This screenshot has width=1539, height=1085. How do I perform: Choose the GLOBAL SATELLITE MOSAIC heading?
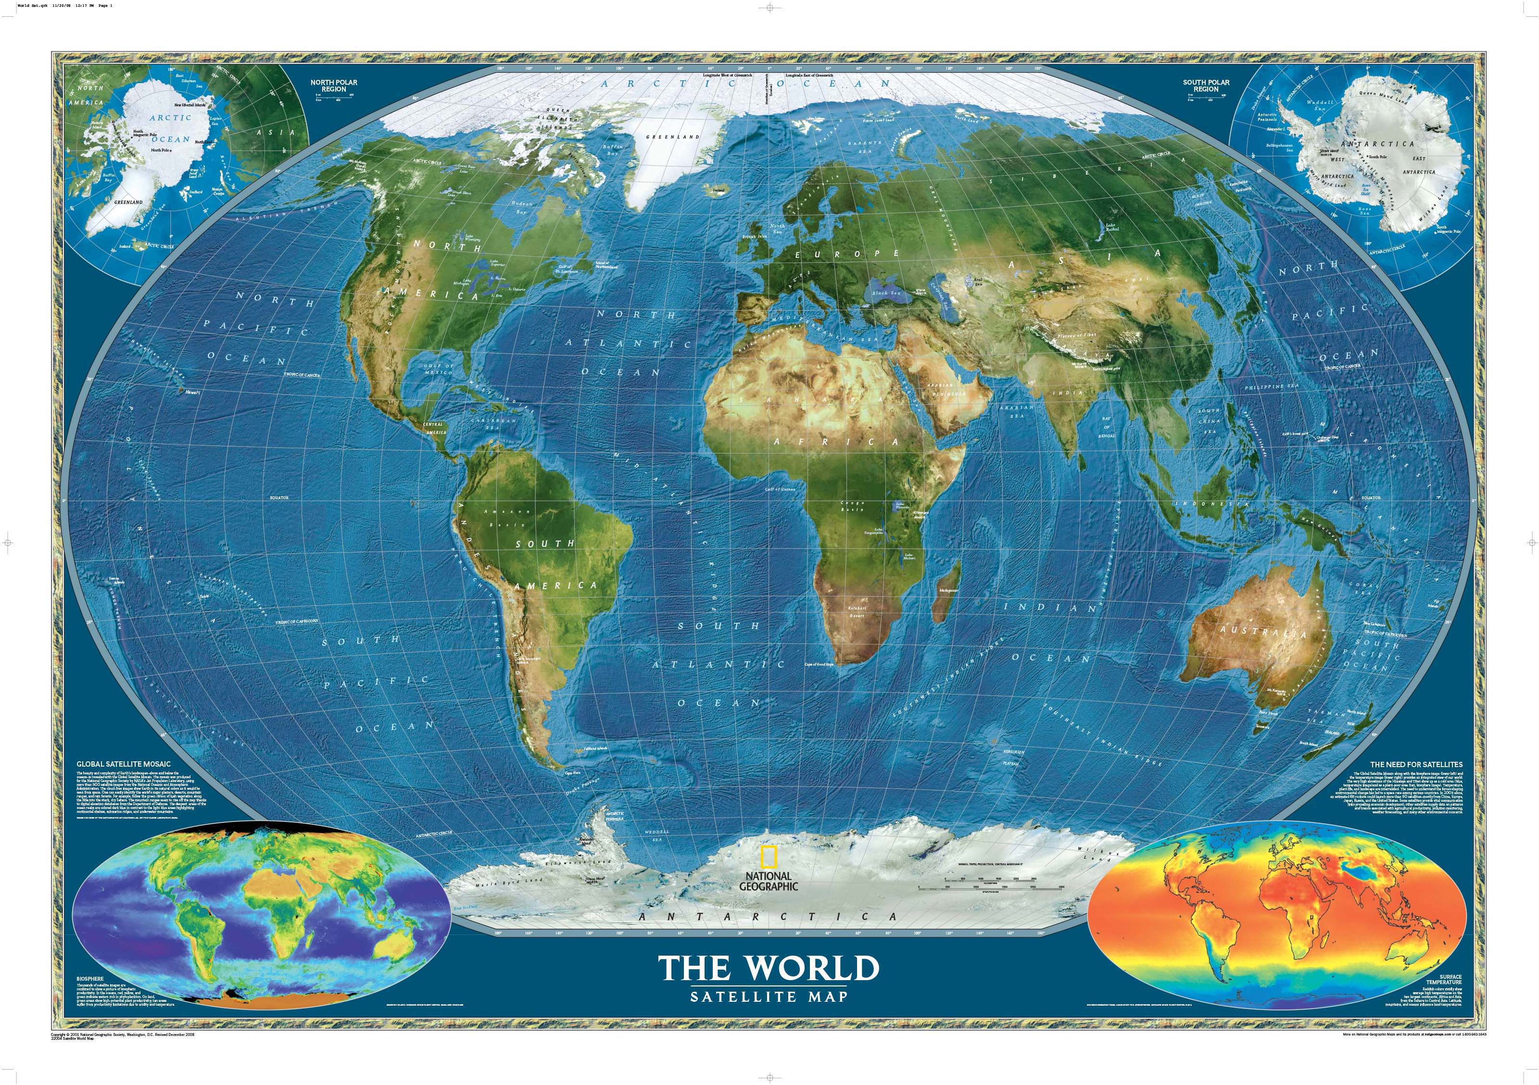tap(124, 763)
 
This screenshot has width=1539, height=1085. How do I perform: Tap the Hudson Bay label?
tap(521, 206)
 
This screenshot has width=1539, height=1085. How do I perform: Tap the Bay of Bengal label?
tap(1107, 427)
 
